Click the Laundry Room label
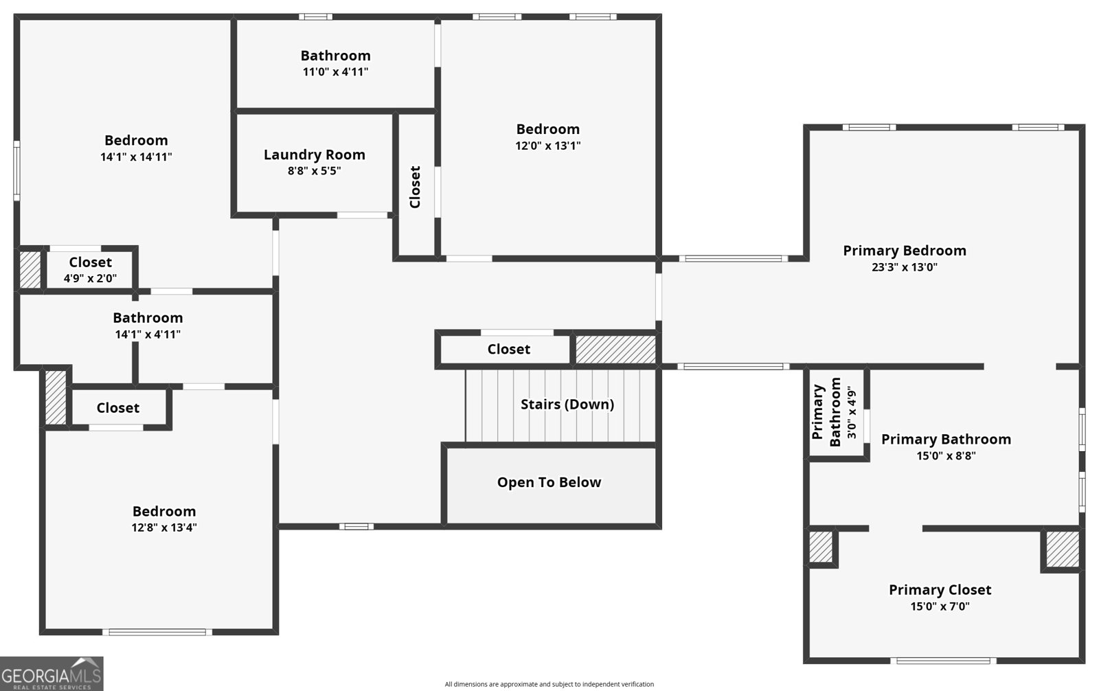click(314, 155)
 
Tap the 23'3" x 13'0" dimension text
click(904, 267)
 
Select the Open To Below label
click(549, 482)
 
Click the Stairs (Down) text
click(567, 404)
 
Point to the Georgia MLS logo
click(52, 673)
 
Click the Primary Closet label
click(940, 589)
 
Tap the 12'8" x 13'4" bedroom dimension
click(164, 528)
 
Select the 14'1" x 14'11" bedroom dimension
click(136, 157)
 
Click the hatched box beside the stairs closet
click(615, 349)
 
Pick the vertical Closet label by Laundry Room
click(415, 187)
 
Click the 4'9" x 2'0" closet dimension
click(90, 278)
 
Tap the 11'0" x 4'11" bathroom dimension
click(335, 71)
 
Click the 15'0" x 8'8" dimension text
click(946, 455)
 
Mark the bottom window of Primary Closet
click(943, 661)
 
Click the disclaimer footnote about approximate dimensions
click(549, 684)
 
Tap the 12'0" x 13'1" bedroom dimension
click(547, 146)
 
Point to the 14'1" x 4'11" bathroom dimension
click(148, 335)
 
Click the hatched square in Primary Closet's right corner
click(1062, 548)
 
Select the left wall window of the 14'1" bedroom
click(16, 170)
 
